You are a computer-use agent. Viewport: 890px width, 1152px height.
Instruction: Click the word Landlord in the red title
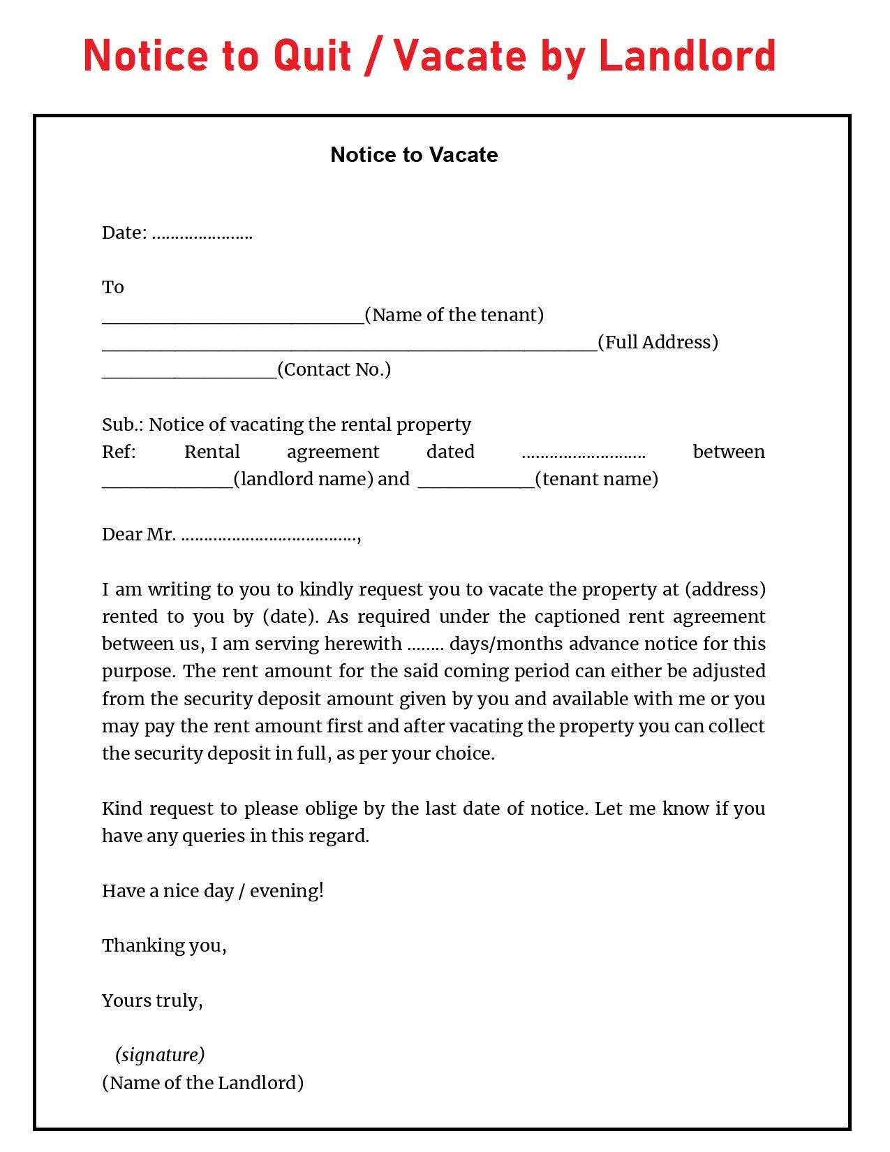(687, 56)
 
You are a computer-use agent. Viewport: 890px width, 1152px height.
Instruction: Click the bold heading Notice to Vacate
(414, 155)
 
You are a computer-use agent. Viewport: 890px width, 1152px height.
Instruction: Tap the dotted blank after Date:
(202, 234)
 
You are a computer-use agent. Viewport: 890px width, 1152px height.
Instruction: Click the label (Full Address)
(658, 342)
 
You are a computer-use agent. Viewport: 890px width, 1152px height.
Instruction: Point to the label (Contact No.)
(334, 369)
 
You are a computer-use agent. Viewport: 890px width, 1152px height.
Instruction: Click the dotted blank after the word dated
(583, 453)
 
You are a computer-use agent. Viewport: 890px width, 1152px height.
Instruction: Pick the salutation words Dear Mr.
(138, 535)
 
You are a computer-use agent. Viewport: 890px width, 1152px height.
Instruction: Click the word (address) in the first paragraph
(725, 589)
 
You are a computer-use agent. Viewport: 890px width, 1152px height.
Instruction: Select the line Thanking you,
(164, 945)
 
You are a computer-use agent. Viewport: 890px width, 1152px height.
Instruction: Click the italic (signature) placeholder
(160, 1054)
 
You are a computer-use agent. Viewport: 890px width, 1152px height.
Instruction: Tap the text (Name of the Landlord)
(202, 1083)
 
